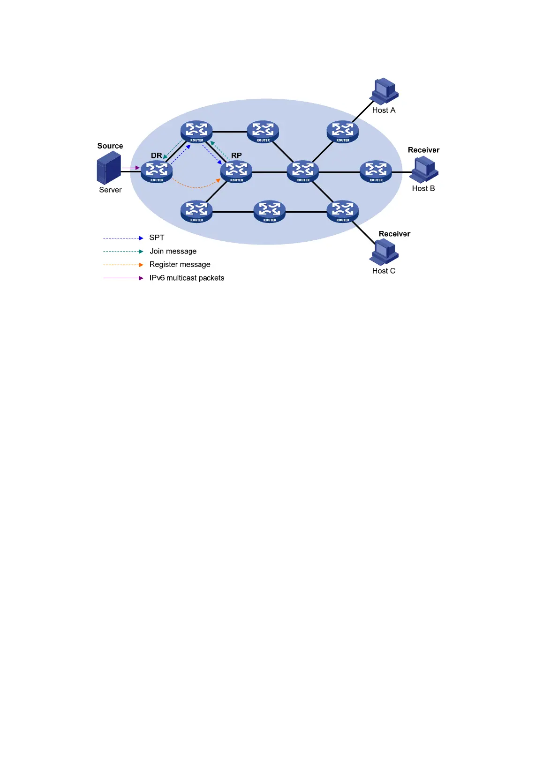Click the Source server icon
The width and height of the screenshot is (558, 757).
click(x=109, y=168)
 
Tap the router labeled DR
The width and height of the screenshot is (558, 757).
click(x=157, y=171)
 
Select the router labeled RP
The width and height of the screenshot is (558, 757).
click(x=236, y=171)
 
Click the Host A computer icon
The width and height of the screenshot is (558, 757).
click(x=384, y=91)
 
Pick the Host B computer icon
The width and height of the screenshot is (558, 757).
click(x=424, y=170)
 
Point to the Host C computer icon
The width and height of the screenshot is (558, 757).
click(x=384, y=252)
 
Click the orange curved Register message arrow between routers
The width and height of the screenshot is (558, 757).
click(x=196, y=187)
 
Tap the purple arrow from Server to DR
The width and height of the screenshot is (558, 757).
click(x=130, y=168)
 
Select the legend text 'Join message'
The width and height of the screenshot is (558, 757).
click(x=173, y=252)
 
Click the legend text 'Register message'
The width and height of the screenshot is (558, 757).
click(x=180, y=265)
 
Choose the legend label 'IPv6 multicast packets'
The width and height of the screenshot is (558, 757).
click(x=187, y=278)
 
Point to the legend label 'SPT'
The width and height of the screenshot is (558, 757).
click(x=157, y=238)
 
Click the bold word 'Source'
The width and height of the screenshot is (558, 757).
click(x=110, y=146)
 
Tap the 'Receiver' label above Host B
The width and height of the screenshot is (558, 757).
click(x=423, y=150)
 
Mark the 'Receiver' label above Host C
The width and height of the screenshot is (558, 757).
click(x=394, y=234)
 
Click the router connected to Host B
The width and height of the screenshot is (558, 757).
click(x=376, y=171)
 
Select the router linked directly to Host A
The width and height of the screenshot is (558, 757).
click(x=343, y=132)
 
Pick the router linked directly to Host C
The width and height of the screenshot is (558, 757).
click(x=343, y=211)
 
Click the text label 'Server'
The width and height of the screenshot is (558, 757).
click(x=110, y=190)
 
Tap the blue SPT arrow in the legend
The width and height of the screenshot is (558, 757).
click(x=123, y=238)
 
